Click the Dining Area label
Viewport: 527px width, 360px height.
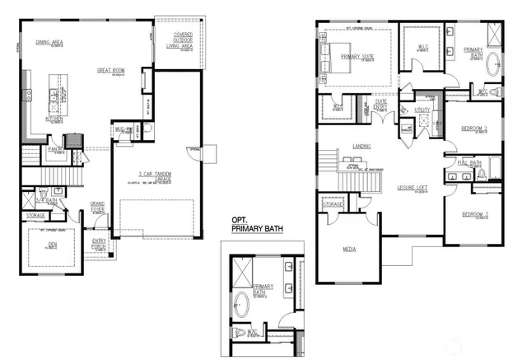pos(50,42)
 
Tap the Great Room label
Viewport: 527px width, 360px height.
pos(111,71)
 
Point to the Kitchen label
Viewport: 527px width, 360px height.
pos(54,119)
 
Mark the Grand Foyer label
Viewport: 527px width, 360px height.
pos(98,203)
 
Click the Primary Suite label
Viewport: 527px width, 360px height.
pos(357,57)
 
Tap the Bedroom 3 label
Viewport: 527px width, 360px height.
pos(474,214)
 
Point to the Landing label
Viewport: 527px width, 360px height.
pos(361,147)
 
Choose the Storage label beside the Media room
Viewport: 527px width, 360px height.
pos(333,204)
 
